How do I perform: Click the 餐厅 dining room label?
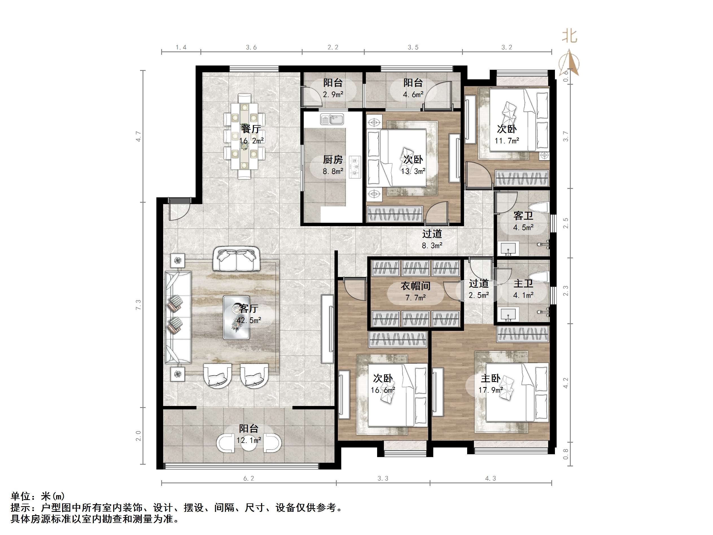click(251, 129)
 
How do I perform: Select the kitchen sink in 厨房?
click(332, 119)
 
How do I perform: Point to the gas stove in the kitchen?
click(355, 167)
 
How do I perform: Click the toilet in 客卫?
click(541, 207)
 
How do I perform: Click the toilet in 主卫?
click(541, 277)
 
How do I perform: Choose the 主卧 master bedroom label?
click(491, 378)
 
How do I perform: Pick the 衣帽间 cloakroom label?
click(415, 286)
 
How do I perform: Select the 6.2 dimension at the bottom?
click(248, 479)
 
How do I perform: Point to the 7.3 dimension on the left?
click(138, 305)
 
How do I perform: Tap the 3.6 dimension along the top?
click(251, 47)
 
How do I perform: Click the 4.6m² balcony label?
click(413, 95)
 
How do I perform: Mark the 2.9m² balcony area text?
click(333, 95)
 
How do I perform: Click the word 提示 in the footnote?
click(20, 508)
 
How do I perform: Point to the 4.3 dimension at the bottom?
click(491, 479)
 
